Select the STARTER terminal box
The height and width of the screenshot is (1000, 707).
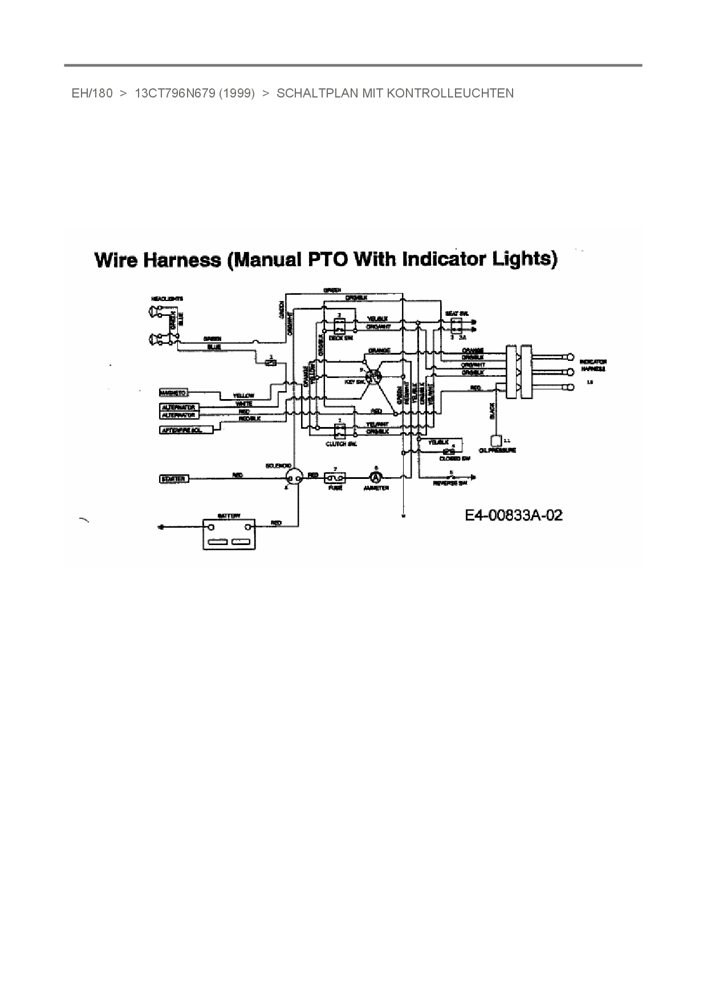(x=173, y=479)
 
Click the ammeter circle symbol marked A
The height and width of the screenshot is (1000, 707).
(x=376, y=477)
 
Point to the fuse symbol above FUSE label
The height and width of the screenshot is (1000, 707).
(x=335, y=477)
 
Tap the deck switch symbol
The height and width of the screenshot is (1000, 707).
(x=339, y=326)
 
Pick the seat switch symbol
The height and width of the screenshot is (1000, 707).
(x=456, y=325)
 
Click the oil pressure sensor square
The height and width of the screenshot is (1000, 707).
(x=495, y=440)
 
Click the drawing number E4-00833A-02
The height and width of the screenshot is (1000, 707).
(x=514, y=515)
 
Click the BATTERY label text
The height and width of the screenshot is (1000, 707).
(x=229, y=515)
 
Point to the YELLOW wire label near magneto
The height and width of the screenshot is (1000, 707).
(x=243, y=396)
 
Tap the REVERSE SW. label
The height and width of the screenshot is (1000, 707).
(x=450, y=483)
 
